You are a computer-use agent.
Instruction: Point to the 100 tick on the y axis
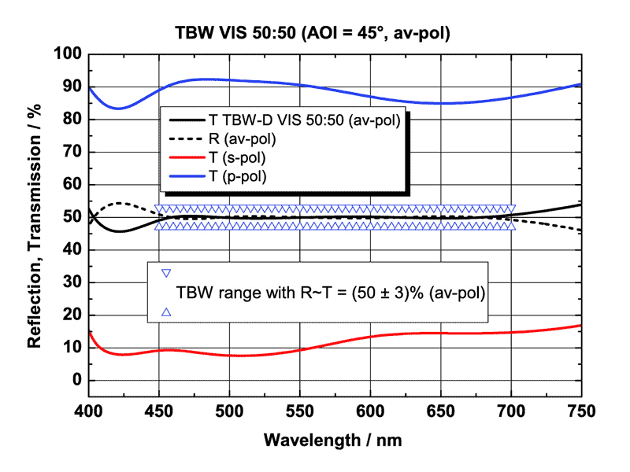tap(70, 54)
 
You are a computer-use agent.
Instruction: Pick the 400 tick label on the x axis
tap(88, 410)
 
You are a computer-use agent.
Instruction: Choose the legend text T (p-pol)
tap(238, 176)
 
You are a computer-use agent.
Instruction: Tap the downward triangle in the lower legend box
tap(166, 273)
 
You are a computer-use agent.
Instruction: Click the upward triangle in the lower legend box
tap(166, 312)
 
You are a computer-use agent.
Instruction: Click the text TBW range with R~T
tap(329, 293)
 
